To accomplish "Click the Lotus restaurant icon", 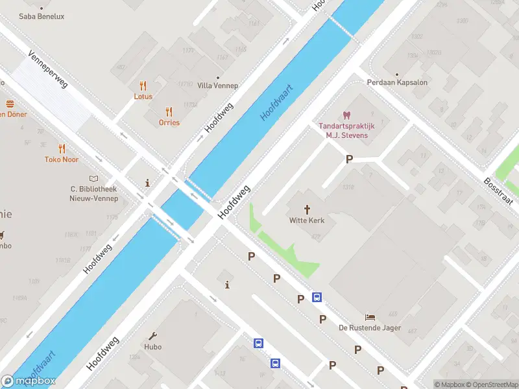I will click(143, 86).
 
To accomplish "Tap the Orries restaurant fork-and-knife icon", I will click(169, 111).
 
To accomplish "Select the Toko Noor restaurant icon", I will click(62, 148).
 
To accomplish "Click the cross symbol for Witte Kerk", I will click(307, 209).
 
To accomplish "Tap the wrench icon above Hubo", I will click(153, 336).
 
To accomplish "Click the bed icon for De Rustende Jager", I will click(370, 317).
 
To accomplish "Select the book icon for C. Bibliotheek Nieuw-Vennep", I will click(93, 178).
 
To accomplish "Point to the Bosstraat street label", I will click(498, 191).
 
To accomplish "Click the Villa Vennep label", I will click(217, 86).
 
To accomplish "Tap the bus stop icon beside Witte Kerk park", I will click(317, 297).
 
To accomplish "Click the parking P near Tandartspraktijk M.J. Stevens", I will click(349, 159).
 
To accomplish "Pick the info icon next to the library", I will click(148, 183).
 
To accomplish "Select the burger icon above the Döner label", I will click(10, 104).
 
